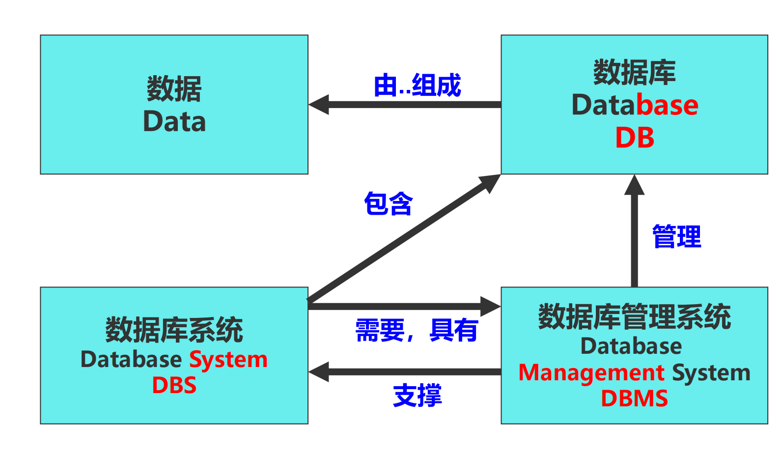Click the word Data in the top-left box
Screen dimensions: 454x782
point(174,121)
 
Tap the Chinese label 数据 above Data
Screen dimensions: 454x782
point(174,88)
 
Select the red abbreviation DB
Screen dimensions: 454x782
point(635,138)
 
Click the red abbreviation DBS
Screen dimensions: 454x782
point(174,385)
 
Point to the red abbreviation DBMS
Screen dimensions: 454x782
point(635,398)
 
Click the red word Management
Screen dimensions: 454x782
point(591,373)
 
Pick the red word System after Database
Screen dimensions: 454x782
point(228,360)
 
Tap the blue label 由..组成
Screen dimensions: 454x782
point(418,85)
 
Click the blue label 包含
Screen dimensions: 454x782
point(388,203)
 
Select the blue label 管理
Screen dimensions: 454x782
point(676,236)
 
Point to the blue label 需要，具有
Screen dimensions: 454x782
point(417,330)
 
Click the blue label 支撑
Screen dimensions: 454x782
point(418,396)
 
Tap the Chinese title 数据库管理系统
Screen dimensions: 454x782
point(635,316)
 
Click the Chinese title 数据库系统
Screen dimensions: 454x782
point(174,330)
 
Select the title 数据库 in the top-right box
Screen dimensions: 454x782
point(635,72)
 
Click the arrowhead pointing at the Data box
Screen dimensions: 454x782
point(318,104)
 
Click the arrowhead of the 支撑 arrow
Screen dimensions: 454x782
point(318,372)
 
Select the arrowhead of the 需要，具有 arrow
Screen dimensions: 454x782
point(490,307)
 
